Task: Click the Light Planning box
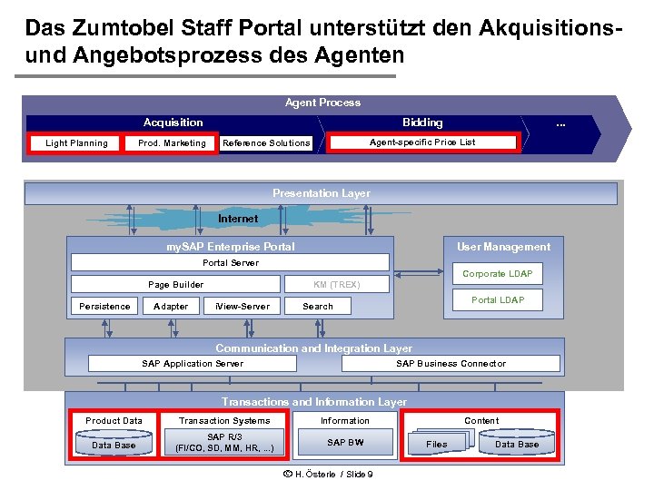(76, 143)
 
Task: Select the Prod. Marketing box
(172, 143)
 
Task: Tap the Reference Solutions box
(266, 143)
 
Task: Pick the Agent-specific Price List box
(422, 142)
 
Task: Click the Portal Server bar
(230, 263)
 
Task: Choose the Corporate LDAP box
(497, 274)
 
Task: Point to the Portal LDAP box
(497, 300)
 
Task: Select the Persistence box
(104, 307)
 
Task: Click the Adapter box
(171, 307)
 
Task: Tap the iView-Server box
(243, 307)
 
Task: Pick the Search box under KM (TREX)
(317, 307)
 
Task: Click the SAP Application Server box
(192, 364)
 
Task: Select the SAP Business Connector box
(451, 364)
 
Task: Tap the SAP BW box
(345, 443)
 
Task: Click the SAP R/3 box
(223, 443)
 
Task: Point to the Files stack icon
(438, 444)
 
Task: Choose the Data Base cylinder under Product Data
(114, 444)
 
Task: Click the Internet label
(238, 219)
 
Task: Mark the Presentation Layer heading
(321, 193)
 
